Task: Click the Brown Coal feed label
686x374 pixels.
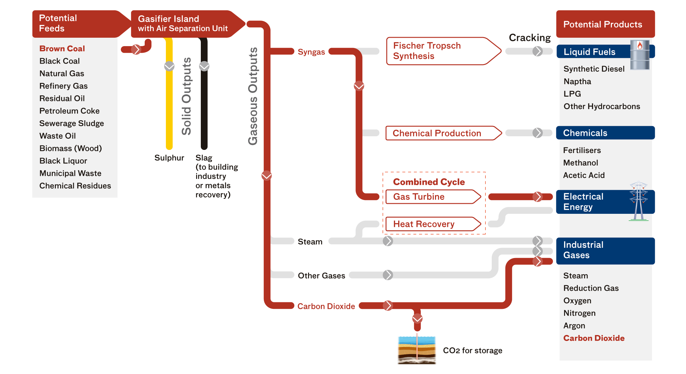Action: (62, 49)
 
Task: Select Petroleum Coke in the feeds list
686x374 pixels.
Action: (69, 111)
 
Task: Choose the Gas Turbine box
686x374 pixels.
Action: (430, 197)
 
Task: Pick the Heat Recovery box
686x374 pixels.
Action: (430, 224)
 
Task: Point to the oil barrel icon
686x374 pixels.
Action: (640, 55)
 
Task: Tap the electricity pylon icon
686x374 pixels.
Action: (639, 201)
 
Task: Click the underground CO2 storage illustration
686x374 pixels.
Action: (417, 350)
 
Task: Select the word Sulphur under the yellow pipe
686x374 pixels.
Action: (169, 158)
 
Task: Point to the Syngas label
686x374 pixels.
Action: (311, 52)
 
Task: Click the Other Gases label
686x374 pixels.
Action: (321, 276)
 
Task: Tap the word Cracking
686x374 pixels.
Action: (529, 38)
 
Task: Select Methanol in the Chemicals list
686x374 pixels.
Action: (580, 163)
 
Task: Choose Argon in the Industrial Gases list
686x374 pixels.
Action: (574, 326)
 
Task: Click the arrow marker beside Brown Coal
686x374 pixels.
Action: (136, 49)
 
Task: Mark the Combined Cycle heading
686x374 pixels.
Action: (429, 182)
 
